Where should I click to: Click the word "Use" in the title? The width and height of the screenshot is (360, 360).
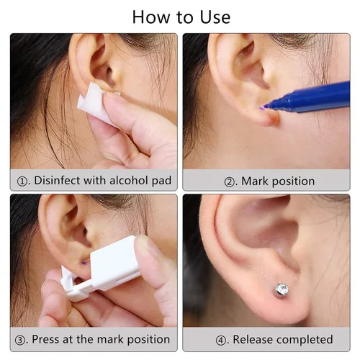(x=215, y=17)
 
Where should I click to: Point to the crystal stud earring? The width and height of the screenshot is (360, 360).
(x=282, y=290)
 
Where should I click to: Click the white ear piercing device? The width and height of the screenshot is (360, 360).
(x=101, y=269)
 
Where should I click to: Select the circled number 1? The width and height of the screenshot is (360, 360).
(x=22, y=181)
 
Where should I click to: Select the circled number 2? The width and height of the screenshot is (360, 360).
(x=229, y=182)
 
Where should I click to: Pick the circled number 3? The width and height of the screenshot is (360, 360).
(x=20, y=341)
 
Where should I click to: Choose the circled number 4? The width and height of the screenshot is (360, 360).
(x=220, y=341)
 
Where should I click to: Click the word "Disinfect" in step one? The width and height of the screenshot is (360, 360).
(x=57, y=181)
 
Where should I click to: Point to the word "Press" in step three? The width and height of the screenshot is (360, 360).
(x=45, y=339)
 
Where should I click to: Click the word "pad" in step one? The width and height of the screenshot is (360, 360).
(x=162, y=181)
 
